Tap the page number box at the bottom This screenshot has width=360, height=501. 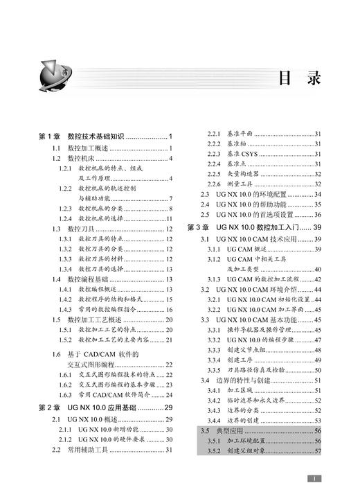pos(314,478)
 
